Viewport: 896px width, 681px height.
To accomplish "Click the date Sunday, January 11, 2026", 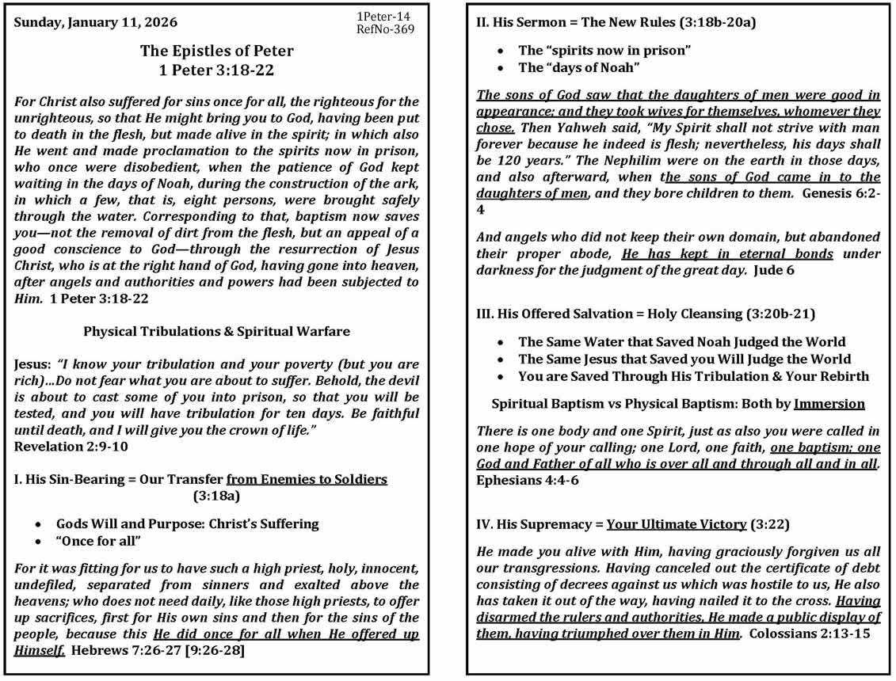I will coord(96,22).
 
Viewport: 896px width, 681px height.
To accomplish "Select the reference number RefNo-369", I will coord(386,30).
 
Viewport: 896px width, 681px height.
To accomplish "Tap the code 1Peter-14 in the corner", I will coord(383,17).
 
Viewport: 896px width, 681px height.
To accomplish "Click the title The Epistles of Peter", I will coord(217,51).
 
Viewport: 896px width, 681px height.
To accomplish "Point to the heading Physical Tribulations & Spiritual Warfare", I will coord(216,332).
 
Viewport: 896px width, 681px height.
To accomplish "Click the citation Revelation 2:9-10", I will coord(71,447).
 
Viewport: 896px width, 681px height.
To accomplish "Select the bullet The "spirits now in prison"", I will coord(605,50).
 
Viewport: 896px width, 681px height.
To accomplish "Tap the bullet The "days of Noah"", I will coord(578,67).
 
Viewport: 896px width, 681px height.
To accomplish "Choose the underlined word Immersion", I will coord(829,404).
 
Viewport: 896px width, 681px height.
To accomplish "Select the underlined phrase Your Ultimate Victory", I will coord(677,524).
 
